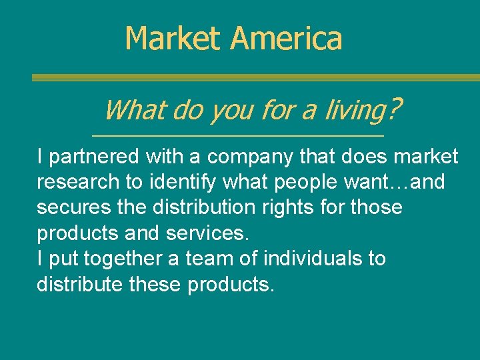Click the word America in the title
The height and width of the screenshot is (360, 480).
pos(287,38)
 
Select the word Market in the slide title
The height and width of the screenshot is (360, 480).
pos(175,38)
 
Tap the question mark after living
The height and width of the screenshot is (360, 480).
pos(395,107)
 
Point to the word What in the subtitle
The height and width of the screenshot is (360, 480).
pos(135,109)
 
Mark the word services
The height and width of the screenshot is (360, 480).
pos(212,233)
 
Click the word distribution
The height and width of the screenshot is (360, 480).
pos(205,207)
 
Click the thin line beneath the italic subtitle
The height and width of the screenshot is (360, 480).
pos(237,136)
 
